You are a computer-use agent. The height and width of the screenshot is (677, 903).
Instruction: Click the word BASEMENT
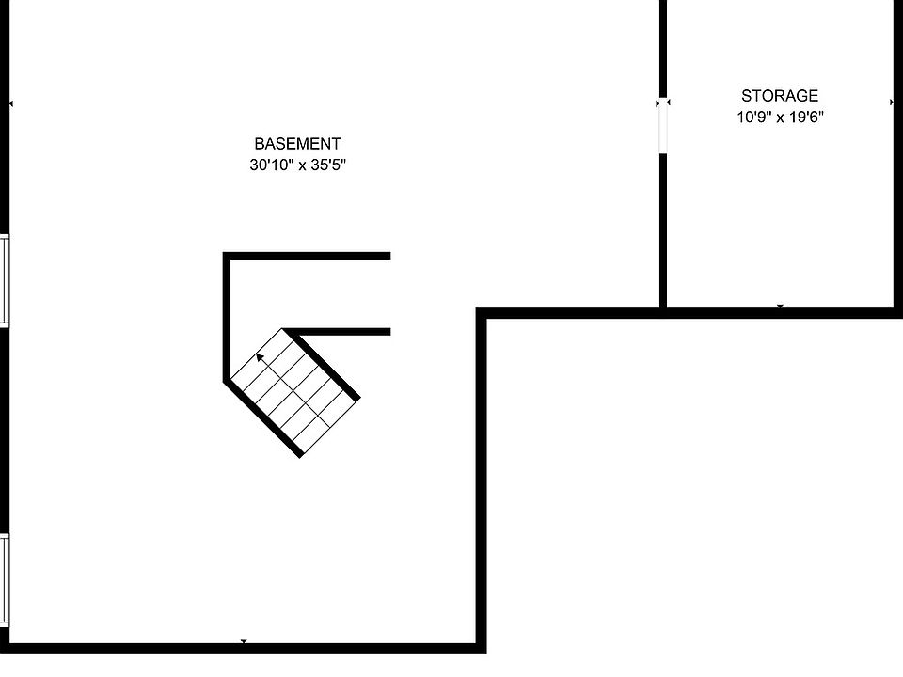click(x=297, y=143)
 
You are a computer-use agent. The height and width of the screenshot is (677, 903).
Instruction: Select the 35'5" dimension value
click(x=328, y=165)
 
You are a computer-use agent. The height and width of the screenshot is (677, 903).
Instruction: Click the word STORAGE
click(x=780, y=96)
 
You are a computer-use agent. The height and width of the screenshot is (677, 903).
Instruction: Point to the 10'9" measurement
click(x=753, y=118)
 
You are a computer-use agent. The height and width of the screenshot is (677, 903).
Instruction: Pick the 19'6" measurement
click(x=806, y=118)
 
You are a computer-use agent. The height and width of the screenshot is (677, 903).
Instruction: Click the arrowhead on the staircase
click(x=261, y=357)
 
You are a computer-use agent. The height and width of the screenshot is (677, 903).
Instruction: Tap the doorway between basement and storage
click(x=663, y=127)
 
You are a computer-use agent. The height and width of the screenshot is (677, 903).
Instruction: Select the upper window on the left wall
click(x=5, y=280)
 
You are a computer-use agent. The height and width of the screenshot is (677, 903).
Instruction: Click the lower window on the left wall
click(x=5, y=580)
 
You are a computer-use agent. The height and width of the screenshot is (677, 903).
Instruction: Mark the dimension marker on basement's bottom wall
click(x=244, y=641)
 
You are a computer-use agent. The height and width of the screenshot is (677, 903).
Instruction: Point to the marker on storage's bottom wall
click(x=781, y=307)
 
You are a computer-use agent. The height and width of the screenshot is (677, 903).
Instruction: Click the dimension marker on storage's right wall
click(x=892, y=102)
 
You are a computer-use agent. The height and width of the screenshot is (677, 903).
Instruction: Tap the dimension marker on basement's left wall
click(x=11, y=104)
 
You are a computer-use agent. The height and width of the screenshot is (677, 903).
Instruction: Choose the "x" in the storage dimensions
click(x=781, y=119)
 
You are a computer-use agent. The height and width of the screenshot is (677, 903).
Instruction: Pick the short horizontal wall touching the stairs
click(x=341, y=332)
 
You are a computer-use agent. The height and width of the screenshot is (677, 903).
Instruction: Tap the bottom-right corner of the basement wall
click(x=482, y=649)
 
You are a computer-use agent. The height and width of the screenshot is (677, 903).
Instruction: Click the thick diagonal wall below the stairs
click(x=262, y=418)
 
